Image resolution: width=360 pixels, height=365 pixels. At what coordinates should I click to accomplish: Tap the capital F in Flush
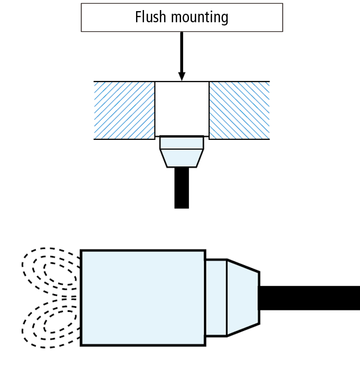tap(139, 17)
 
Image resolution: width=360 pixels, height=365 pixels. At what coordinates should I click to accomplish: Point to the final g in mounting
tap(224, 19)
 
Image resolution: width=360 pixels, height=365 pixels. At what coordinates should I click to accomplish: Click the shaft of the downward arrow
tap(182, 50)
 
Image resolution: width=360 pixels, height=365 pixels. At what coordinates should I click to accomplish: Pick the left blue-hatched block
tap(124, 110)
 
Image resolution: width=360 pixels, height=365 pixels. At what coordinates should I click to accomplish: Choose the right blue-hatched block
tap(239, 110)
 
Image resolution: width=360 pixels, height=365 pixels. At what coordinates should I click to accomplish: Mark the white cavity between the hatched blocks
tap(182, 109)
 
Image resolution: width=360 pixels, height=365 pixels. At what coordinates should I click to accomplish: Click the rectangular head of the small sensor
tap(182, 143)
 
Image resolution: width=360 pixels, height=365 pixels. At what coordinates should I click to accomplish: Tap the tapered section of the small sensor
tap(182, 158)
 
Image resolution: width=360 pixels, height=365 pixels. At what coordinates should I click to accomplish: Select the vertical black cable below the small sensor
tap(182, 188)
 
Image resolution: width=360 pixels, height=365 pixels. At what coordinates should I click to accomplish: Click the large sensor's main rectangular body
tap(143, 298)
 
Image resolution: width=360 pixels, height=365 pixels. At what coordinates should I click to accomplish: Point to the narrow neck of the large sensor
tap(216, 298)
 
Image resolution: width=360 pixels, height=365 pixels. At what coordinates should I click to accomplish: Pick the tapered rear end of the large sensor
tap(243, 298)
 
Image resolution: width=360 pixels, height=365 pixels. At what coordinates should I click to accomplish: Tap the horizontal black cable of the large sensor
tap(310, 298)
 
